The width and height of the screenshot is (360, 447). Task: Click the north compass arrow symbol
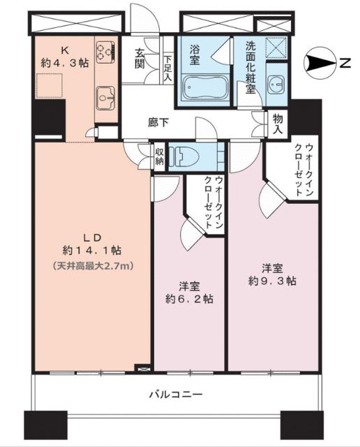click(x=322, y=65)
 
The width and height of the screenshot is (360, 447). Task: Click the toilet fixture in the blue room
click(x=188, y=156)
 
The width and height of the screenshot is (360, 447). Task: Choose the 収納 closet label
click(x=160, y=156)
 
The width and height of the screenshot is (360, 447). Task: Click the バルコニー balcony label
click(x=175, y=395)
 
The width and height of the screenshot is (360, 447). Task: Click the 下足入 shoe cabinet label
click(x=167, y=68)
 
